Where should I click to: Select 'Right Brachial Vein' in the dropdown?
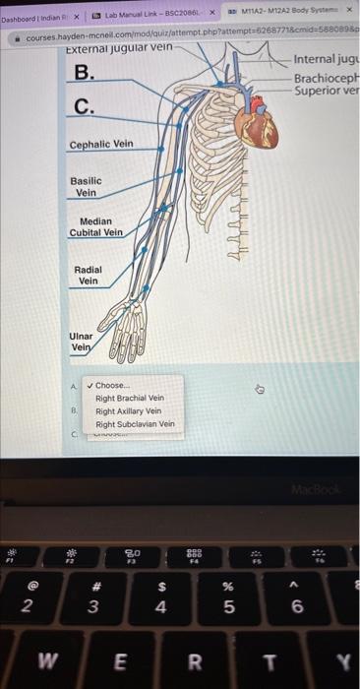[x=129, y=399]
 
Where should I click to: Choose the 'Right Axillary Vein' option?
[x=128, y=411]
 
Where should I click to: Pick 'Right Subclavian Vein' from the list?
[x=135, y=424]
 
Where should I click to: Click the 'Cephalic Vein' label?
[x=100, y=145]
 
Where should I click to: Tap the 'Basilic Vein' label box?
[x=86, y=187]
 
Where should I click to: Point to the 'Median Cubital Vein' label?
[x=95, y=227]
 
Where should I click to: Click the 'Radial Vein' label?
[x=89, y=275]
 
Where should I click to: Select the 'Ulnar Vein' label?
[x=81, y=341]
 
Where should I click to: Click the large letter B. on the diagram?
[x=86, y=72]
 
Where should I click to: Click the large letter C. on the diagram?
[x=85, y=106]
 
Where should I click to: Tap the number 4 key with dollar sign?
[x=162, y=599]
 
